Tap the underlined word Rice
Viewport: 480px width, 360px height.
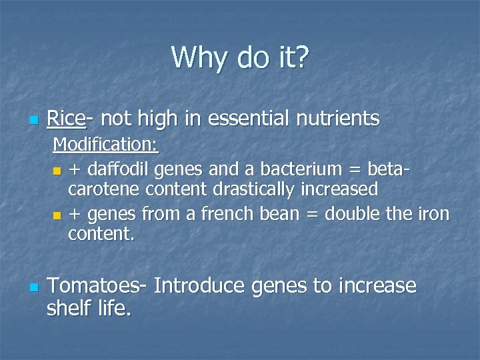click(66, 119)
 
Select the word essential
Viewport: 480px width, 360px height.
click(250, 119)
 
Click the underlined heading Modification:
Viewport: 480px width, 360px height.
click(105, 144)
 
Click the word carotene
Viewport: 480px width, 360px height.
click(99, 189)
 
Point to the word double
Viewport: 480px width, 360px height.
click(358, 215)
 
